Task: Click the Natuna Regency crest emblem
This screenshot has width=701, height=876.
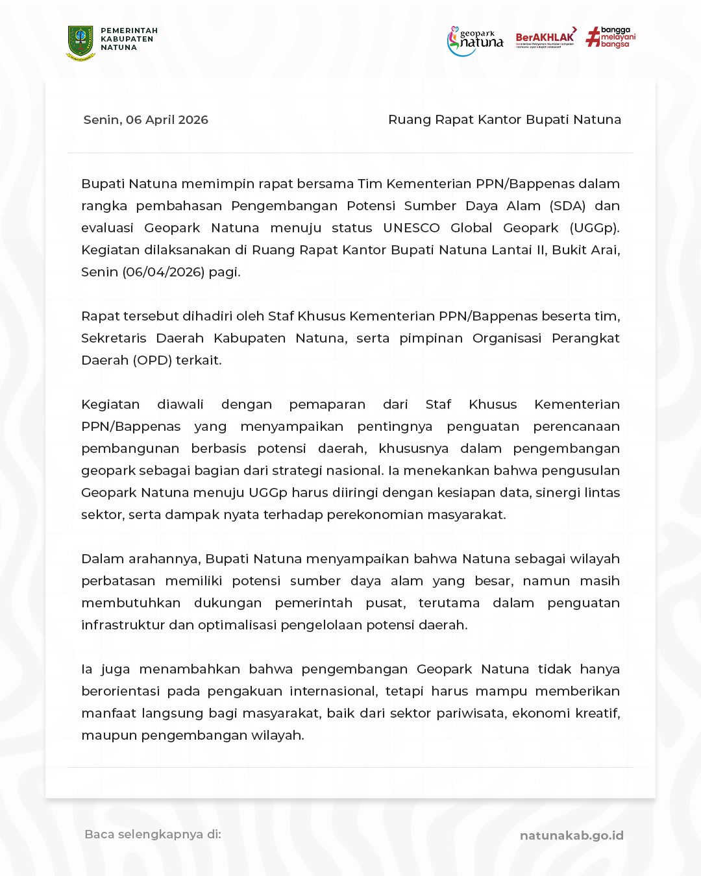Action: (x=80, y=43)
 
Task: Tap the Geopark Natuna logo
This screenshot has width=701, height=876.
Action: (x=475, y=41)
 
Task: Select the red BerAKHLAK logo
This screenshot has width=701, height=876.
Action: (x=546, y=38)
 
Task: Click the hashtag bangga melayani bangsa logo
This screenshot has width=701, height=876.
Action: (x=610, y=37)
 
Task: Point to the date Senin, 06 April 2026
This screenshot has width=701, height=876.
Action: (x=146, y=120)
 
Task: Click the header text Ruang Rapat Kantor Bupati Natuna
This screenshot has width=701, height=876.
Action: (x=504, y=120)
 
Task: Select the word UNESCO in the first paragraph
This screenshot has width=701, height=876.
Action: (x=411, y=228)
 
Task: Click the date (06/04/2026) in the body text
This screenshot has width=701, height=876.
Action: (x=163, y=273)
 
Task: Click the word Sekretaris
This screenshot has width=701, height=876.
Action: (x=114, y=339)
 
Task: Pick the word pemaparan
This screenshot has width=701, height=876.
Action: (x=327, y=405)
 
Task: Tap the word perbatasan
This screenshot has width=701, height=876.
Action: (x=118, y=581)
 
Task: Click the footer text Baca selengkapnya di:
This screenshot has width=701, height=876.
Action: (x=153, y=834)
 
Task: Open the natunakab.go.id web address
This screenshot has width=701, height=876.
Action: (x=571, y=836)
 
